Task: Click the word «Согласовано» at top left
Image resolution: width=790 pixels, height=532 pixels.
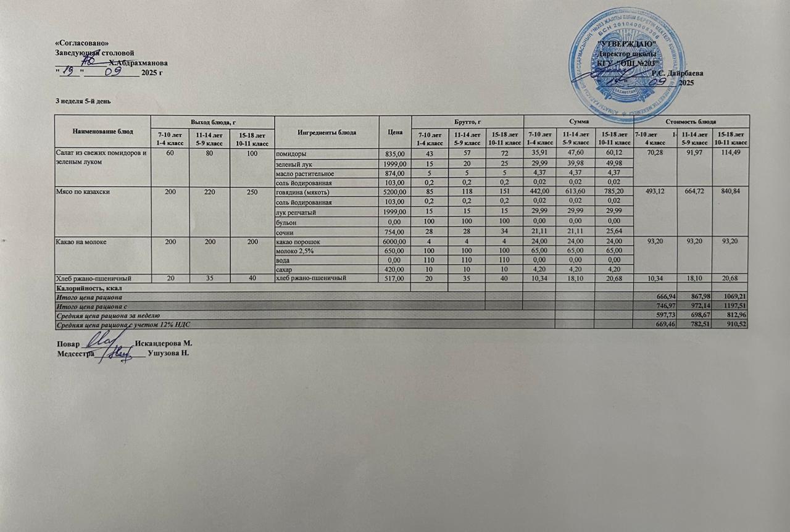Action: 82,43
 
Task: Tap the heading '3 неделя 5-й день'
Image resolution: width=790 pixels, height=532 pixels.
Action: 84,101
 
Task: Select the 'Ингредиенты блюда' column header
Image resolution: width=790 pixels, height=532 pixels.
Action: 326,132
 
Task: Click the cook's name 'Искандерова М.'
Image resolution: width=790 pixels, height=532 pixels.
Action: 164,343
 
